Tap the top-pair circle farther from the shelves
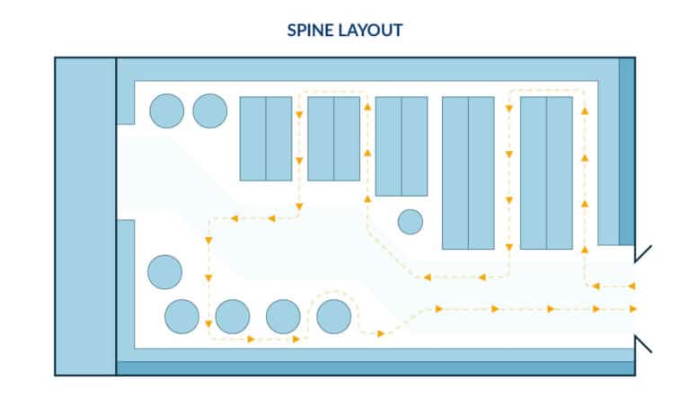[166, 110]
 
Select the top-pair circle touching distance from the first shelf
[210, 110]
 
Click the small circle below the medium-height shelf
[410, 221]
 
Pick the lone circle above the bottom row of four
[164, 271]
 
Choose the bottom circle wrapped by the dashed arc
[333, 315]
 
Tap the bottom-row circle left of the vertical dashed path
[181, 315]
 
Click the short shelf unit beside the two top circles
[265, 138]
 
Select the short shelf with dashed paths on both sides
[333, 138]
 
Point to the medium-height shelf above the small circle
[401, 145]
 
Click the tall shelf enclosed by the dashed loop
[546, 172]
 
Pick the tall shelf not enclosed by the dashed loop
[468, 172]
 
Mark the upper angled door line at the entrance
[643, 252]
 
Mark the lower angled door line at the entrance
[643, 343]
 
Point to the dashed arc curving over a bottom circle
[333, 293]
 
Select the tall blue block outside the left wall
[85, 216]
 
